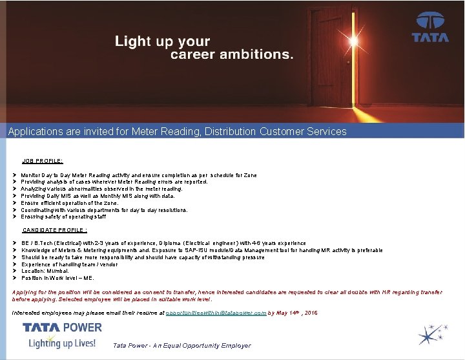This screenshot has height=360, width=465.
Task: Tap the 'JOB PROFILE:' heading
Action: point(43,161)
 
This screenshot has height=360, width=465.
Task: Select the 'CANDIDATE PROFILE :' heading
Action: point(55,229)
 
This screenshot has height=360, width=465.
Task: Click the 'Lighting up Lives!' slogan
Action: point(62,343)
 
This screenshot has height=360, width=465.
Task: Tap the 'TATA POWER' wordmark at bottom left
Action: point(62,327)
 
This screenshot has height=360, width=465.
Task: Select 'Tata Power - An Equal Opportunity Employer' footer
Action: point(181,346)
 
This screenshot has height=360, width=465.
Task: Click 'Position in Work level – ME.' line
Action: point(57,278)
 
